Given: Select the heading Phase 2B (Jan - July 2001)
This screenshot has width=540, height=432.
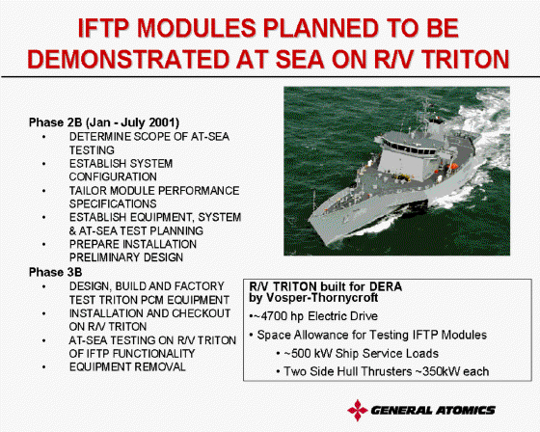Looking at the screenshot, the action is (x=104, y=122).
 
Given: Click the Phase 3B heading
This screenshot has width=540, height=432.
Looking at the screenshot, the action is (x=56, y=272).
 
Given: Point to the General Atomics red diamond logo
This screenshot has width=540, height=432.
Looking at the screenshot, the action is (x=358, y=410).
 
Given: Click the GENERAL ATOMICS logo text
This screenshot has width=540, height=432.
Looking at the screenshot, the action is (x=433, y=410).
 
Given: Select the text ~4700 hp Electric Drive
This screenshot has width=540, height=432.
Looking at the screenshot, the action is (x=316, y=316).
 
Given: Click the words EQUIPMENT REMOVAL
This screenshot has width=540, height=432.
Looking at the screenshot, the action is (x=127, y=366).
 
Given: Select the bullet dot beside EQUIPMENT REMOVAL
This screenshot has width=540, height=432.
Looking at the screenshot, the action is (x=43, y=367).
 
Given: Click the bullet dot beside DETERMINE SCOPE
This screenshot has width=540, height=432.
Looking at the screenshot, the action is (x=43, y=137).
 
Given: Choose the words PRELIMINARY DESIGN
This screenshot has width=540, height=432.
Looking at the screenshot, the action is (x=126, y=257).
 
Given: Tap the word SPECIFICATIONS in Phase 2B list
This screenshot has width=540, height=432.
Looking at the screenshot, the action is (x=113, y=203).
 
